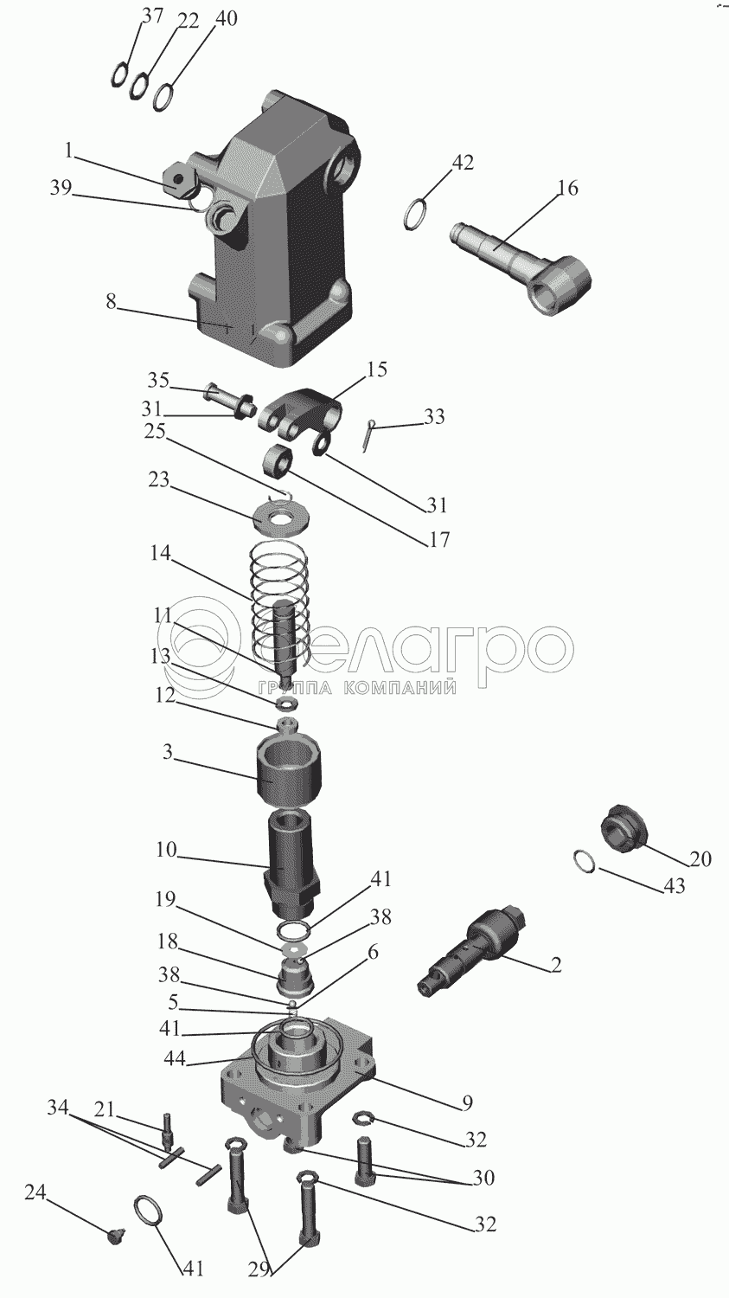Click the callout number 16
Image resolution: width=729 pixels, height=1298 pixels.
coord(567,188)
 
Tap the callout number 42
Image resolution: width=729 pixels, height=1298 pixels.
coord(463,163)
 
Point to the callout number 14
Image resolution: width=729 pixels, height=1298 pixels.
coord(160,553)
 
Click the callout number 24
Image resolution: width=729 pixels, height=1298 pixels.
coord(35,1192)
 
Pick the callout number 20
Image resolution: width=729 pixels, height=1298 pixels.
coord(700,858)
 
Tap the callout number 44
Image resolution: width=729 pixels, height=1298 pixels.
coord(175,1058)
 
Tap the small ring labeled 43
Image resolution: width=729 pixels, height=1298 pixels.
coord(585,861)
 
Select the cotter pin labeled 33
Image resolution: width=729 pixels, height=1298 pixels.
coord(368,434)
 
